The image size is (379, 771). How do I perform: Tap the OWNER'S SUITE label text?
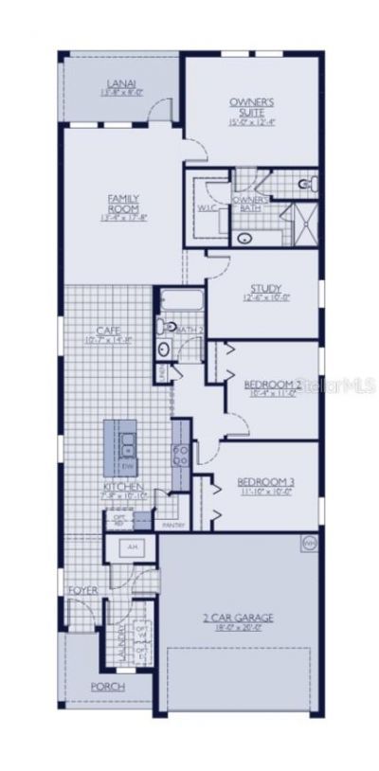coord(251,105)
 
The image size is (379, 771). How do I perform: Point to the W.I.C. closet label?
coord(208,206)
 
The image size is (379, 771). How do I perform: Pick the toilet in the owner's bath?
coord(307,183)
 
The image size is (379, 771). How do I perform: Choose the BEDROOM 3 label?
coord(265,482)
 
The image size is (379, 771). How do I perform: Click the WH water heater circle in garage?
coord(308,544)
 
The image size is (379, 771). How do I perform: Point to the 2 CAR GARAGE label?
coord(239,618)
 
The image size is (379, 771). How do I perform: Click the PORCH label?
coord(107,687)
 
